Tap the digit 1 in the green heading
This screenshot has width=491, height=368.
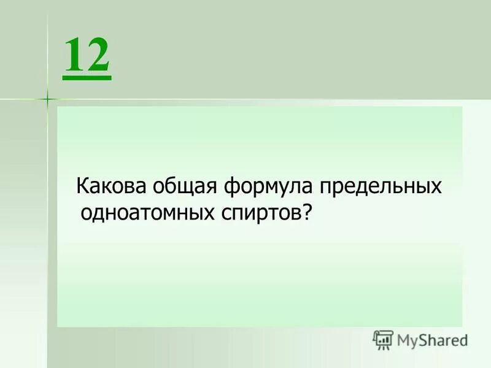(74, 56)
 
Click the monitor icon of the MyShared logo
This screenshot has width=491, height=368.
(383, 340)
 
